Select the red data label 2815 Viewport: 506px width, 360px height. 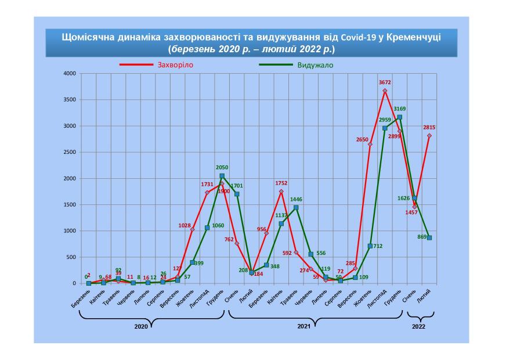coord(429,127)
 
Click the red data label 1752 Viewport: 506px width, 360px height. coord(282,184)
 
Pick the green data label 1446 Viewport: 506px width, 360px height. coord(297,199)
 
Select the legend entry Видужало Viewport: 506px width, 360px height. coord(315,64)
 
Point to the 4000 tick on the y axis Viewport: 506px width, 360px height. coord(70,74)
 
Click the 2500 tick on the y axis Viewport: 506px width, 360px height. coord(70,152)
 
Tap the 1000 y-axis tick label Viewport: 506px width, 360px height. coord(70,231)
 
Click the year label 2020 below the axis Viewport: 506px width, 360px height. coord(141,327)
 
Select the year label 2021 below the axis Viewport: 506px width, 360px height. coord(303,327)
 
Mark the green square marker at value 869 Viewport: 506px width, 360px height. coord(429,237)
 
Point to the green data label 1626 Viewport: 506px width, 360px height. coord(404,198)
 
